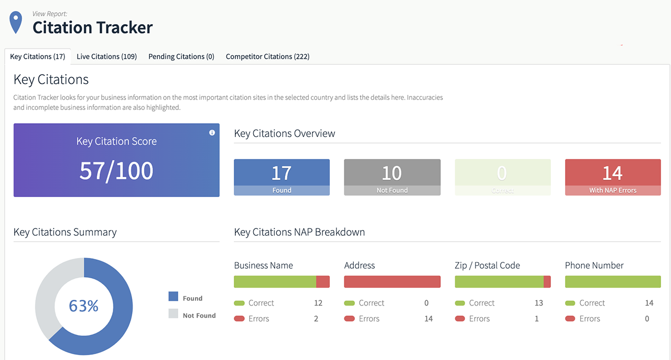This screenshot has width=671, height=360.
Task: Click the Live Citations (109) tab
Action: click(x=106, y=57)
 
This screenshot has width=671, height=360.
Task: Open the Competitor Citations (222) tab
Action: click(x=267, y=57)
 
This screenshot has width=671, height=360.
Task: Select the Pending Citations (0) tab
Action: click(x=181, y=57)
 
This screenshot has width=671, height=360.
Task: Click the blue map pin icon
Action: click(x=16, y=23)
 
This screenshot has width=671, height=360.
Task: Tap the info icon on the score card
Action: click(x=212, y=133)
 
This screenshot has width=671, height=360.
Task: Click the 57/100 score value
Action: click(x=116, y=171)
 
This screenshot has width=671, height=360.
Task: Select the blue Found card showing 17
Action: click(x=282, y=177)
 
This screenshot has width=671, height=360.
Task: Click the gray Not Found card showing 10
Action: click(x=392, y=177)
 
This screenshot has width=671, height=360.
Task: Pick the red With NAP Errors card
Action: click(x=612, y=177)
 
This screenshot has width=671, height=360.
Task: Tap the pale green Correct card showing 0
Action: click(x=502, y=177)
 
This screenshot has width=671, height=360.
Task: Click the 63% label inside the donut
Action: click(x=84, y=306)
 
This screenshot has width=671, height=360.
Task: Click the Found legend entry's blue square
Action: click(x=173, y=297)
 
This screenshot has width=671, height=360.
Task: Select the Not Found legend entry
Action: click(x=199, y=315)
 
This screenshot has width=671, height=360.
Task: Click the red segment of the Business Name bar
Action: click(x=323, y=282)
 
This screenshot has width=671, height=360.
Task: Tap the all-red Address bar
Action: click(x=392, y=282)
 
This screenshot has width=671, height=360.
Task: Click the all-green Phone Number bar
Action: click(x=612, y=282)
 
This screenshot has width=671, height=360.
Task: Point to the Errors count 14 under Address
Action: click(x=428, y=319)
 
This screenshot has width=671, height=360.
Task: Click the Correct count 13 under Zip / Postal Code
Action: click(x=538, y=303)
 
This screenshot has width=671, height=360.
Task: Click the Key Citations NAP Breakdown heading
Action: click(x=299, y=232)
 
